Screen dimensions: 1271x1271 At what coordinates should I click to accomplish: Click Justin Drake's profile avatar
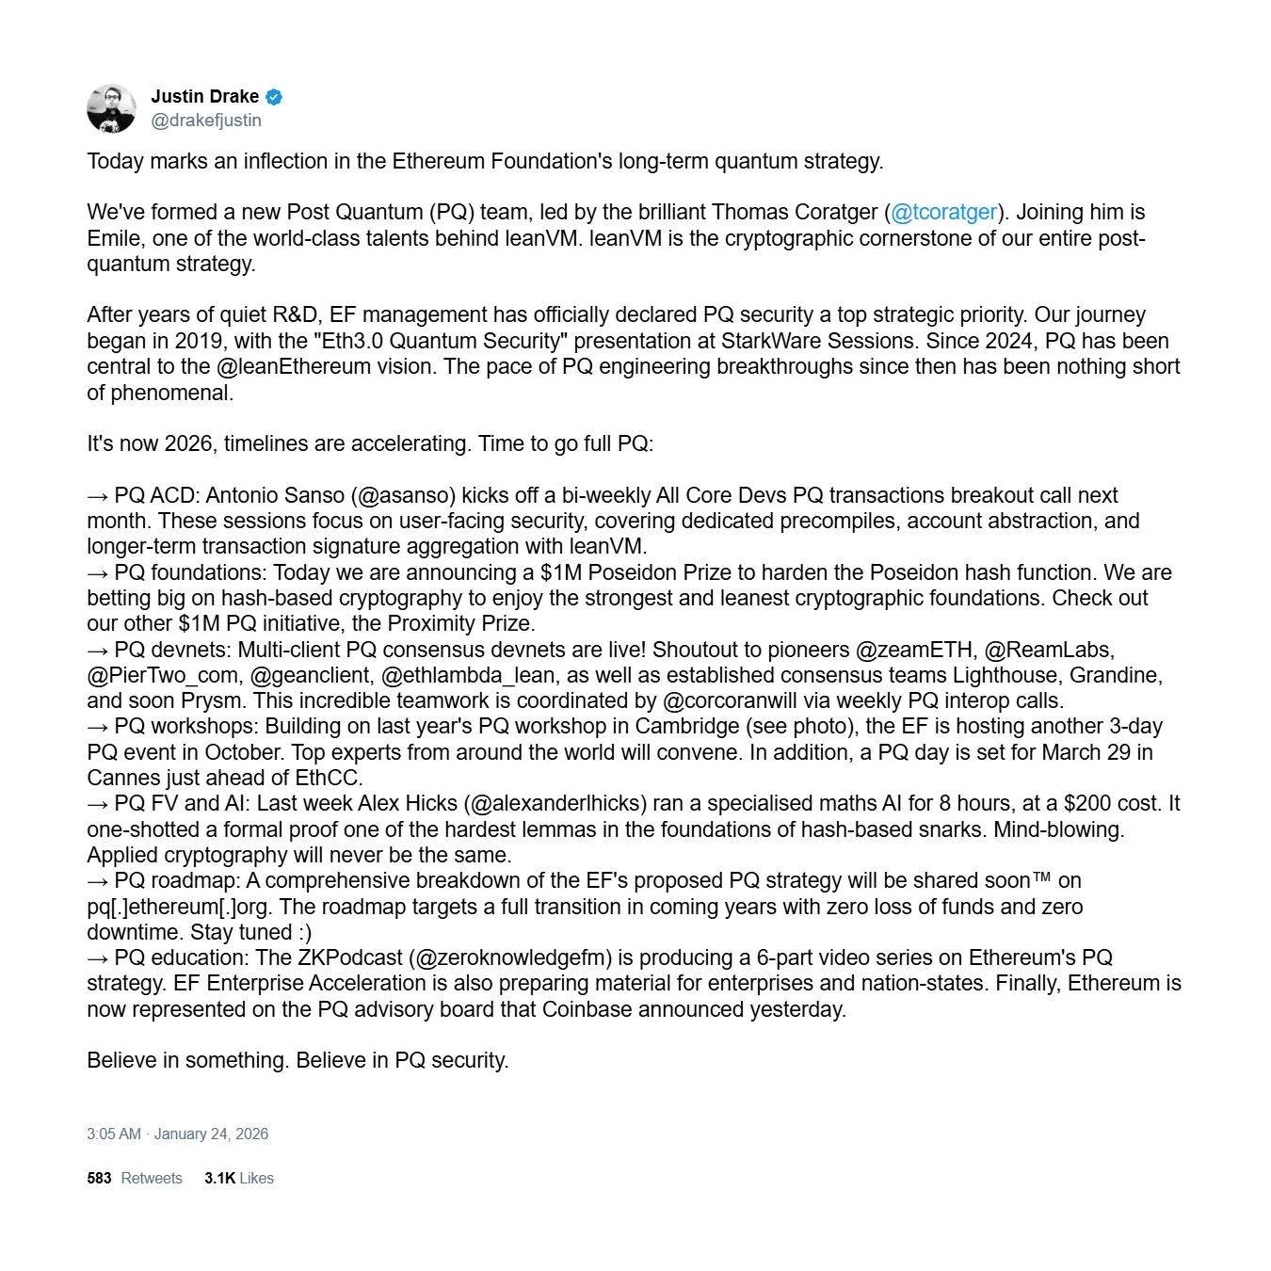tap(111, 108)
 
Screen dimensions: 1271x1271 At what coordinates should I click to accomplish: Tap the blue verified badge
tap(274, 97)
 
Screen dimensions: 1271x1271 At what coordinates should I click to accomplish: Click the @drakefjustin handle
tap(206, 121)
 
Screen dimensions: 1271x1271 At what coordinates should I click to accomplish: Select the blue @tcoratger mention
tap(943, 213)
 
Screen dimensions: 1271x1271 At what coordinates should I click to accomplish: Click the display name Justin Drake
tap(204, 96)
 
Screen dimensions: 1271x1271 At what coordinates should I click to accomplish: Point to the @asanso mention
tap(407, 496)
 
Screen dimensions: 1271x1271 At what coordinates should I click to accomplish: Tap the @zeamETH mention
tap(913, 651)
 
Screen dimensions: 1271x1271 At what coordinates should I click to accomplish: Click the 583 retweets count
tap(99, 1179)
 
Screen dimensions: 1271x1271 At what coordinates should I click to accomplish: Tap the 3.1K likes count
tap(219, 1179)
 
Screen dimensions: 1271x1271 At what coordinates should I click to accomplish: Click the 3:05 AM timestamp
tap(114, 1134)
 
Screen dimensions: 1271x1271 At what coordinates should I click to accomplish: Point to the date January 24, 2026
tap(211, 1134)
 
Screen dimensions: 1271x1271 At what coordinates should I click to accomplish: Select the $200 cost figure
tap(1086, 804)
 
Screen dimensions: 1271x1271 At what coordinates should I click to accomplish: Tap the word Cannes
tap(121, 779)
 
